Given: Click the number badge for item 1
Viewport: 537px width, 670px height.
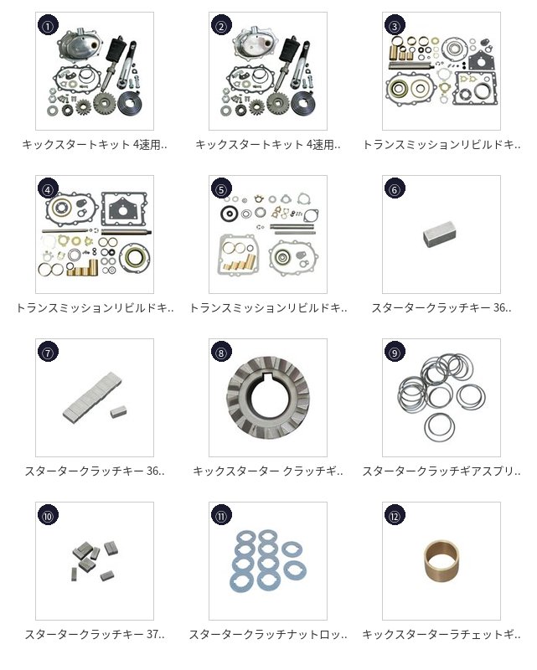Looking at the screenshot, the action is coord(48,26).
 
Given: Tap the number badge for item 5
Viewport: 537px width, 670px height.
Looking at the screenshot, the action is coord(221,189).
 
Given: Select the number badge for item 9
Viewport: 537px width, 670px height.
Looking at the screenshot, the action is coord(395,352).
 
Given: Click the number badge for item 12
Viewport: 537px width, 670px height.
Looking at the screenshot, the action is coord(395,516).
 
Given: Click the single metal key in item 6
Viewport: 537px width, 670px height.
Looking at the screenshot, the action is coord(439,234).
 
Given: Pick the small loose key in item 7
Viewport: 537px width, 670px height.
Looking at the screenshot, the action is coord(116,412).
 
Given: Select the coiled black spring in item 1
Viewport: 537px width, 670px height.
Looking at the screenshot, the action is coord(130,102).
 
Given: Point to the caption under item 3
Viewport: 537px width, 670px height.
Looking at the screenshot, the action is coord(441,145).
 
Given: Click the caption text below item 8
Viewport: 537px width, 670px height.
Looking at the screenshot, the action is coord(268,472).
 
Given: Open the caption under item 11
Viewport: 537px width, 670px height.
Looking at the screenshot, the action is coord(268,635).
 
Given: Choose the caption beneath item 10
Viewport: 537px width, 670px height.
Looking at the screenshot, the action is coord(95,635).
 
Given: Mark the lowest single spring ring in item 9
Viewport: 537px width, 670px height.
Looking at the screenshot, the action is coord(439,428).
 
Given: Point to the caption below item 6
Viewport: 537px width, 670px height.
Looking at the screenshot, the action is coord(441,307).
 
